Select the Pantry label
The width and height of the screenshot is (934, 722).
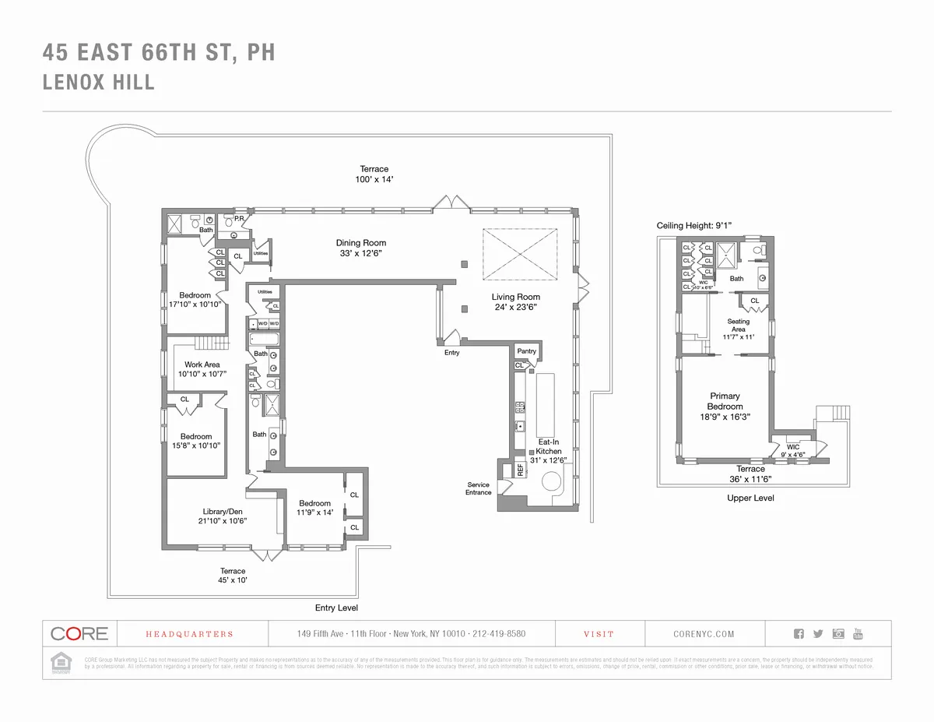click(x=526, y=351)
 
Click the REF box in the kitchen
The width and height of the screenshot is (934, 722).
click(x=520, y=470)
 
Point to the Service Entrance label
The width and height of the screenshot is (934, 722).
click(x=478, y=488)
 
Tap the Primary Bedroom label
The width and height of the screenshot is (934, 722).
click(x=725, y=401)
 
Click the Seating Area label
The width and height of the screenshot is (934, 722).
click(x=738, y=326)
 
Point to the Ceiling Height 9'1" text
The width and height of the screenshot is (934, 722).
click(x=694, y=225)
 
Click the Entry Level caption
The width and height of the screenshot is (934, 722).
click(x=336, y=608)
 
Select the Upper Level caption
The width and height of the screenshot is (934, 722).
click(x=750, y=498)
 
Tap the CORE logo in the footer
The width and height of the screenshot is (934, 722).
click(x=79, y=633)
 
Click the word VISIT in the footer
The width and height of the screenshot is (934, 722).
click(x=599, y=634)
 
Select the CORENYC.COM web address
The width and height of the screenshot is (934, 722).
click(x=704, y=634)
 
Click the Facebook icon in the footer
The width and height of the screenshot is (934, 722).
click(x=799, y=634)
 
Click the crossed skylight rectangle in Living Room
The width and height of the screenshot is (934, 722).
click(x=520, y=254)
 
